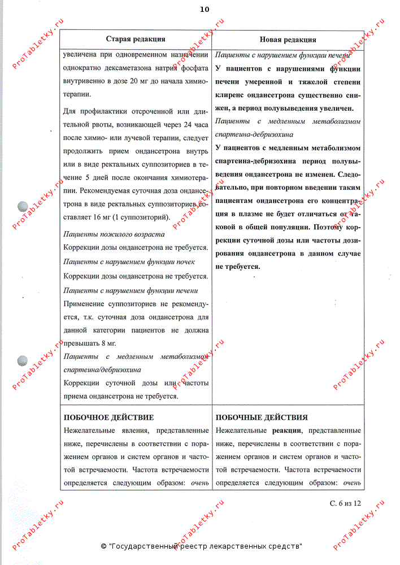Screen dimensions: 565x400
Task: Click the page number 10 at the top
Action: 204,10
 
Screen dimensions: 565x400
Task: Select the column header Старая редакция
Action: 136,39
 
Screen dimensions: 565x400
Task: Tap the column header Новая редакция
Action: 288,40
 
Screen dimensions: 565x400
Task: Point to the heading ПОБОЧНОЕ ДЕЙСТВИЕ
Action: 108,418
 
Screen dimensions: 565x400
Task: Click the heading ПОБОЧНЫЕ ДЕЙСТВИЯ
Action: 262,418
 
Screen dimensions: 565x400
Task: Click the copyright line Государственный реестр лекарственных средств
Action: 201,546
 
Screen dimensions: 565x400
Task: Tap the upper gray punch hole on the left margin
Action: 24,207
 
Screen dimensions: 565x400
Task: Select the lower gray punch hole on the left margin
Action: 24,360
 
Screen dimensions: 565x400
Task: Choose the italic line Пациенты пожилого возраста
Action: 114,234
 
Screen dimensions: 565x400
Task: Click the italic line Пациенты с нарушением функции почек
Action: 129,262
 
